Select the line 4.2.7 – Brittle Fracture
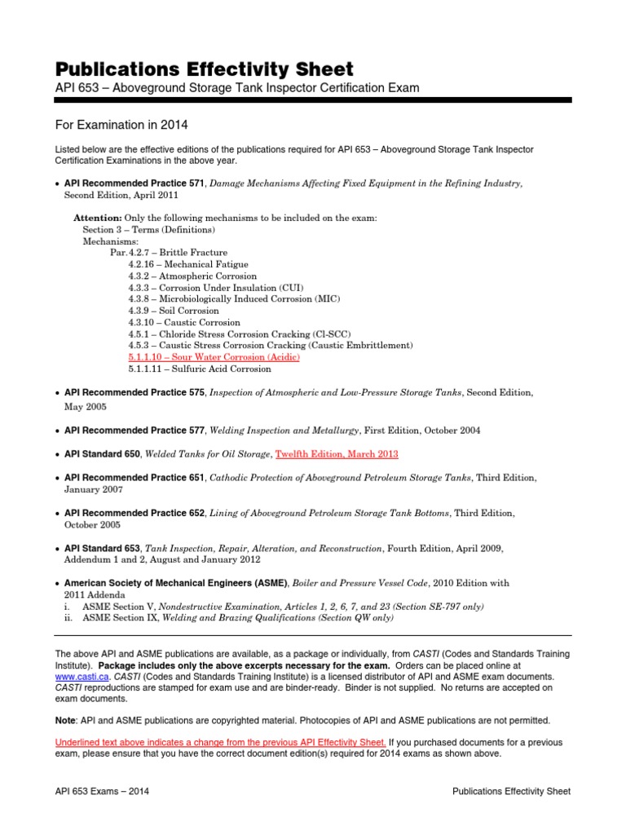(x=169, y=253)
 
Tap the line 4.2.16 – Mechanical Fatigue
(x=188, y=264)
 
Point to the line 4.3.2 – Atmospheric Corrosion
(x=192, y=276)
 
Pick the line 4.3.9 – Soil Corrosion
(x=174, y=311)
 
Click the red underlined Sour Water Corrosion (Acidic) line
(x=214, y=357)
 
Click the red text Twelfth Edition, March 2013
(x=337, y=453)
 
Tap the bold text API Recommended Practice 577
(x=134, y=431)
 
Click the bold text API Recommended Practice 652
(x=134, y=513)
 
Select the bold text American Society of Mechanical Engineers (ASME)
(x=175, y=584)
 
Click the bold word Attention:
(x=98, y=219)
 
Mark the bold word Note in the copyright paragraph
(x=64, y=720)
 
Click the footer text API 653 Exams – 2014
(x=101, y=791)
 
